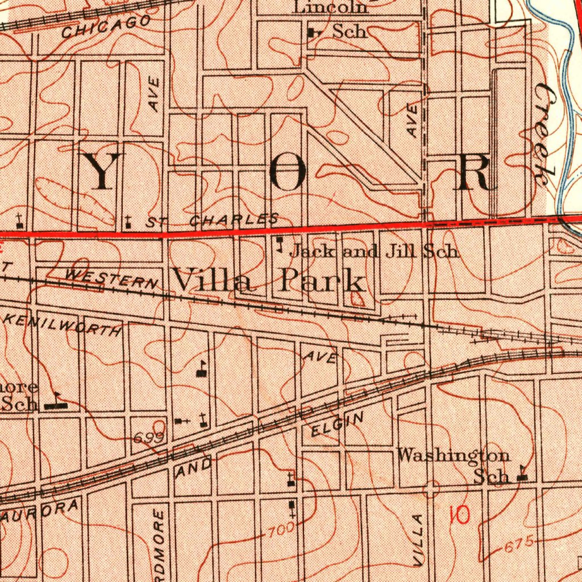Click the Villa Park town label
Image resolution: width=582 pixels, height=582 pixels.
pyautogui.click(x=268, y=280)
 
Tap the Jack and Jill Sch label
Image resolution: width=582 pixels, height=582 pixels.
pyautogui.click(x=374, y=251)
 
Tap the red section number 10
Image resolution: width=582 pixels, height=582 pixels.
pyautogui.click(x=459, y=515)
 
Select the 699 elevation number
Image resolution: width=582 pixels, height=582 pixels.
pyautogui.click(x=149, y=437)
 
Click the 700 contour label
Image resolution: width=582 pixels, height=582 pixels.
pyautogui.click(x=281, y=531)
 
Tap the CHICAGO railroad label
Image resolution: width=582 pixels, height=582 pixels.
pyautogui.click(x=106, y=27)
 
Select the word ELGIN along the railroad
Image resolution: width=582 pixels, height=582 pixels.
pyautogui.click(x=337, y=426)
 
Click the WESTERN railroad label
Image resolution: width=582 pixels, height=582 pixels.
pyautogui.click(x=111, y=277)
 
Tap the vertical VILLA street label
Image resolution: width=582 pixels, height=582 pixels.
pyautogui.click(x=418, y=540)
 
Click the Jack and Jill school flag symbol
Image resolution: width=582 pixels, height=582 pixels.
pyautogui.click(x=279, y=245)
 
